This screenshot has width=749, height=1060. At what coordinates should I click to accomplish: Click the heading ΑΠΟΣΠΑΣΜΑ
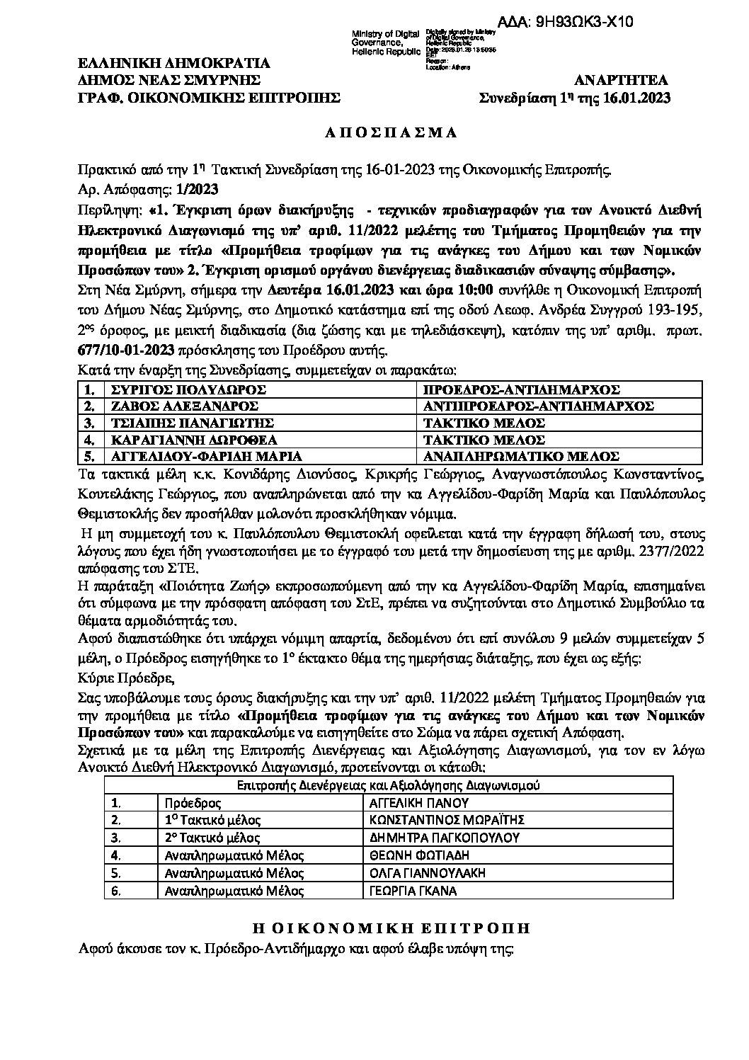pos(374,132)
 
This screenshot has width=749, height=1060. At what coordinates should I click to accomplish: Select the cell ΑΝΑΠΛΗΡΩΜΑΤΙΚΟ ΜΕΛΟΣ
pos(521,457)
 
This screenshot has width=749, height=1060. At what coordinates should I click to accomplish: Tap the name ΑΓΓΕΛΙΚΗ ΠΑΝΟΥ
pos(420,804)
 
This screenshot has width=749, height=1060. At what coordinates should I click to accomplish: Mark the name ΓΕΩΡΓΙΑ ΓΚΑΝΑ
pos(413,890)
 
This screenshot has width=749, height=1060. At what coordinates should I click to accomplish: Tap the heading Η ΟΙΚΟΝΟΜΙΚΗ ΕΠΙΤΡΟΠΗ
pos(374,928)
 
